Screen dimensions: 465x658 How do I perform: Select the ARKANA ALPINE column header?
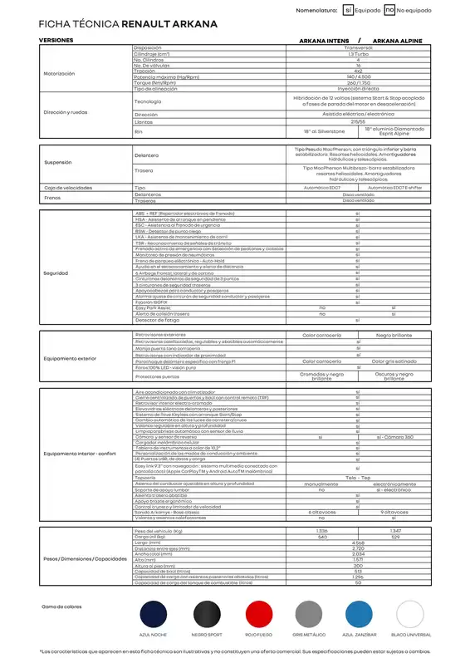click(x=398, y=40)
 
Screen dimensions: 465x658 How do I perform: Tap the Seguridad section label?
click(x=56, y=273)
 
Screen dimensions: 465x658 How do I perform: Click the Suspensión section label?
click(x=58, y=162)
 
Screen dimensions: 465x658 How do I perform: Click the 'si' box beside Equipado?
click(x=348, y=10)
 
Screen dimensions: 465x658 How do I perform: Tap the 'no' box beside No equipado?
click(x=389, y=10)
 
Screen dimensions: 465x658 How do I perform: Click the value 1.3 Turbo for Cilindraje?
click(x=358, y=54)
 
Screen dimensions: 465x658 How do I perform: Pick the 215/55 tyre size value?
click(x=358, y=121)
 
